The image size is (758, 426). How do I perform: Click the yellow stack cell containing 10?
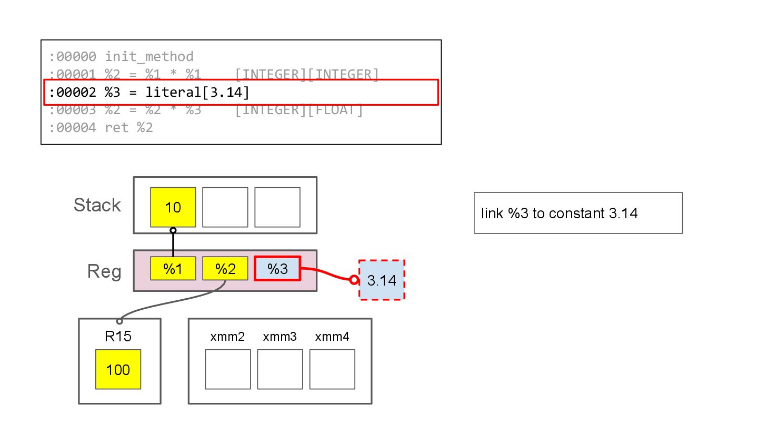pos(173,207)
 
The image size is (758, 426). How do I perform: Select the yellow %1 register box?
pos(173,268)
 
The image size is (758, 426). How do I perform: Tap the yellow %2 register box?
pos(225,268)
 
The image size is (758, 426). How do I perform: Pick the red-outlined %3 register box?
pos(277,268)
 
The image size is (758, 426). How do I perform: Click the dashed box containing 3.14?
pos(382,280)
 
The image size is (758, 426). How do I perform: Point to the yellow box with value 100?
pos(118,369)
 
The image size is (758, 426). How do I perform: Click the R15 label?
pos(118,337)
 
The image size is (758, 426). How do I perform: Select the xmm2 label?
pos(227,337)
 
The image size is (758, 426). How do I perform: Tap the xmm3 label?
pos(280,337)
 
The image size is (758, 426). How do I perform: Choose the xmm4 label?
pos(332,337)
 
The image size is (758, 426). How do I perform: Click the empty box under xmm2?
pos(227,369)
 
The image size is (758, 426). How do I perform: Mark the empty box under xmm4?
pos(332,369)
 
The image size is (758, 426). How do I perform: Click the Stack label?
pos(97,205)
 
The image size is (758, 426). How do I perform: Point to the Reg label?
pos(104,271)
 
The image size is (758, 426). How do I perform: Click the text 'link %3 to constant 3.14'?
pos(559,213)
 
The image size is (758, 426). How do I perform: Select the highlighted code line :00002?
pos(149,93)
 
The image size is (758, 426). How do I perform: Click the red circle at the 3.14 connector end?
pos(354,280)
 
